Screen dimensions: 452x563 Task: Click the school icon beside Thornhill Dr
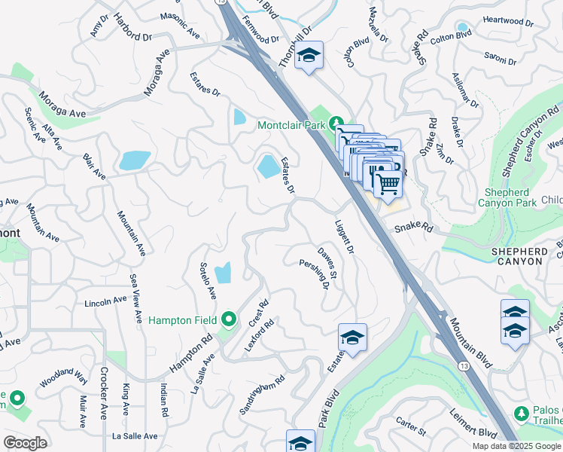click(308, 56)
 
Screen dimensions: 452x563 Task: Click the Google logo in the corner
click(25, 443)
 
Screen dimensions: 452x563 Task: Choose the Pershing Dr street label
click(315, 274)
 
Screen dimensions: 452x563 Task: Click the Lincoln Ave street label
click(106, 301)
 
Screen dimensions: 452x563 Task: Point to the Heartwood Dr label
click(508, 20)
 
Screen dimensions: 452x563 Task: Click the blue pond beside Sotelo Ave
click(223, 273)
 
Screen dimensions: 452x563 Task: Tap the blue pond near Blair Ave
click(135, 160)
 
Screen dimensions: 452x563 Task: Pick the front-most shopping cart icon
click(387, 183)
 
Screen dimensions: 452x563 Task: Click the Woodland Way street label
click(64, 377)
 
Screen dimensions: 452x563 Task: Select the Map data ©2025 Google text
click(516, 445)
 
